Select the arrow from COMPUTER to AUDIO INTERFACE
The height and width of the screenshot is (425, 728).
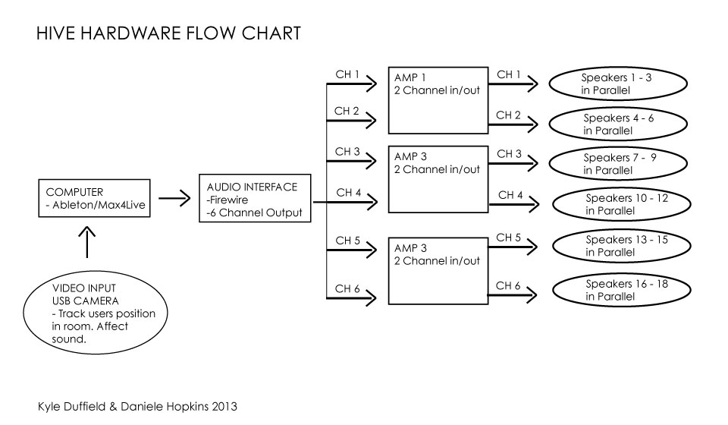pos(174,200)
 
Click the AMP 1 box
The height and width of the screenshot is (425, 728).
pos(436,100)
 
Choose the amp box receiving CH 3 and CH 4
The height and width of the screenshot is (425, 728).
pos(436,178)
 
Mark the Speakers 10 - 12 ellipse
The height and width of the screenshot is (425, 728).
pos(620,203)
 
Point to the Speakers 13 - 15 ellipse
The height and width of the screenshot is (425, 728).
pos(620,245)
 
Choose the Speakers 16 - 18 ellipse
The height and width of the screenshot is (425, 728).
pos(620,290)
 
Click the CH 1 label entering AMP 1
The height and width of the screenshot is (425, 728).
pos(347,75)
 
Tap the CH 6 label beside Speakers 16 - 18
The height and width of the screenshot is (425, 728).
pos(508,285)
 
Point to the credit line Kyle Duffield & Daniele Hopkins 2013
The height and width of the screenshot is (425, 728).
pos(137,407)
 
